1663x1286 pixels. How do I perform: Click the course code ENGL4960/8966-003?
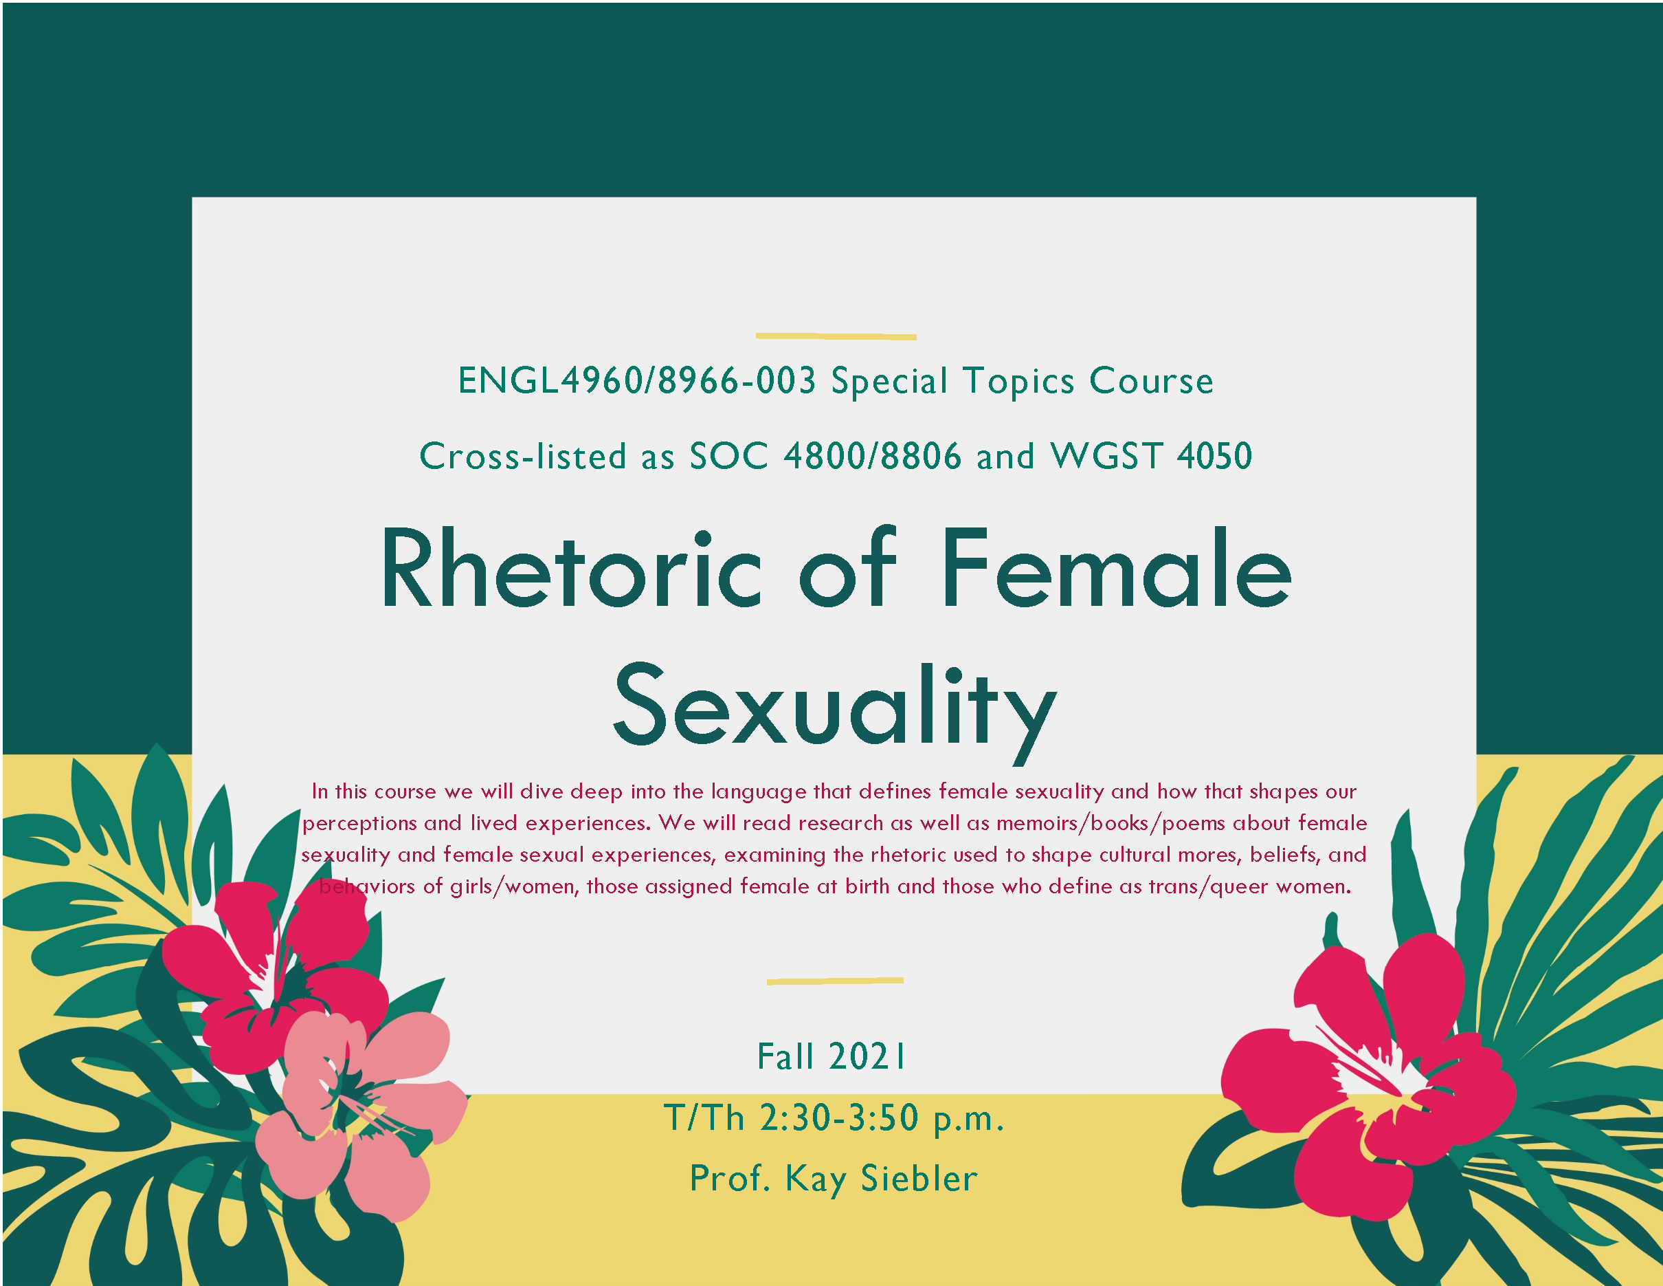pyautogui.click(x=636, y=380)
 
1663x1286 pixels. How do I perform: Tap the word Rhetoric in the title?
pyautogui.click(x=571, y=570)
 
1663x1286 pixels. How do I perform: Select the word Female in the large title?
pyautogui.click(x=1116, y=570)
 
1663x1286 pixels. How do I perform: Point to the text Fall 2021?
pyautogui.click(x=831, y=1057)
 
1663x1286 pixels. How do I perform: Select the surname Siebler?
pyautogui.click(x=918, y=1179)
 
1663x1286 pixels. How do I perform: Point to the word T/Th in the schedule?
pyautogui.click(x=704, y=1118)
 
